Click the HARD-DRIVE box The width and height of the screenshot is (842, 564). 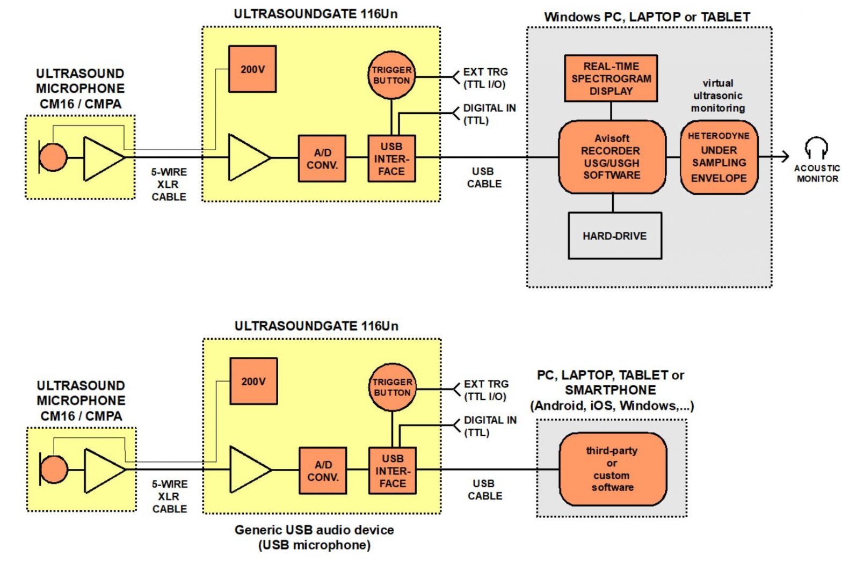[615, 236]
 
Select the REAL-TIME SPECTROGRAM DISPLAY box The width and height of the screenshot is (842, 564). [611, 78]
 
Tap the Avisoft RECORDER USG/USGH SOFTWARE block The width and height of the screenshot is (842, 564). [612, 157]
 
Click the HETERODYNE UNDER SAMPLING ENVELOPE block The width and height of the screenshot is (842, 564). [719, 157]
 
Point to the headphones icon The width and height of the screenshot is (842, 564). [816, 147]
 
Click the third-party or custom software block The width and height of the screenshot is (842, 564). [613, 469]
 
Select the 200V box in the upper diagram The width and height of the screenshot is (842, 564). [252, 69]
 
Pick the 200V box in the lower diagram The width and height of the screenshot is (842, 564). [253, 382]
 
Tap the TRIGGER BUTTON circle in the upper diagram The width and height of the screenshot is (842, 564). [391, 75]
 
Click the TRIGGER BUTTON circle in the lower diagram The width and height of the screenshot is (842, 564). [393, 387]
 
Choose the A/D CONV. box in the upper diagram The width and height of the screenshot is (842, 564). [322, 159]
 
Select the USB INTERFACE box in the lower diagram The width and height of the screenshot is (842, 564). [393, 471]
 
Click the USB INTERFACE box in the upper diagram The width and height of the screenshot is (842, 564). [391, 158]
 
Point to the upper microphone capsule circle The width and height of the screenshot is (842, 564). [53, 157]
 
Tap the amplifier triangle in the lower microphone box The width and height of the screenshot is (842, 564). [103, 470]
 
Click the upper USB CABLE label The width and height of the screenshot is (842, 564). [484, 178]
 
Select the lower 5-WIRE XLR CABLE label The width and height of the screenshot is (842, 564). [170, 496]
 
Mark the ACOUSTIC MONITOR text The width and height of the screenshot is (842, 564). [817, 173]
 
